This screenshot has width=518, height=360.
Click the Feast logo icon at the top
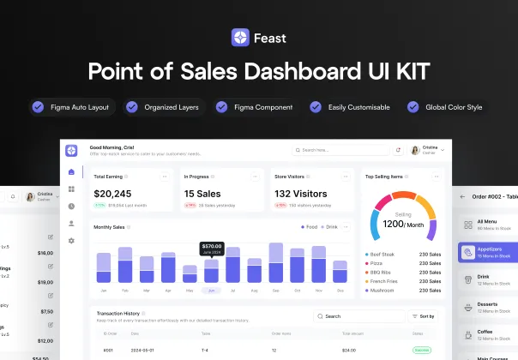[x=239, y=38]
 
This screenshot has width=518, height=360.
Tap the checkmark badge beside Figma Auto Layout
[x=38, y=107]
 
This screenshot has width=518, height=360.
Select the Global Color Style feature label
[x=455, y=107]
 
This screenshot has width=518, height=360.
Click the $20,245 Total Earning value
[x=112, y=194]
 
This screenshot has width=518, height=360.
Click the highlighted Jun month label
[x=211, y=291]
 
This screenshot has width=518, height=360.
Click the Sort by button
[x=424, y=316]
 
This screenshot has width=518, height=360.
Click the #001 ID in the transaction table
[x=108, y=350]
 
